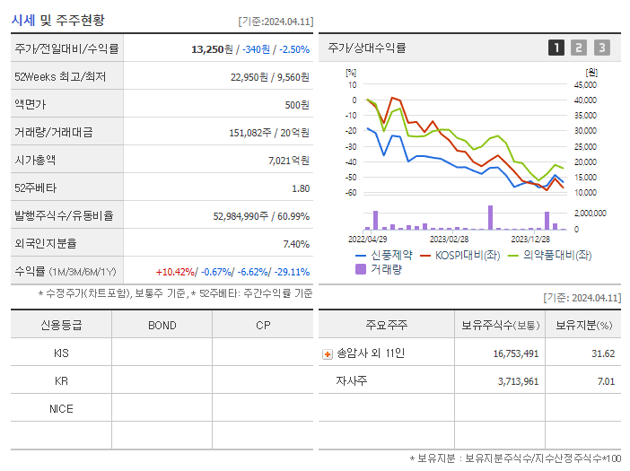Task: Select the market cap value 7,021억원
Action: tap(288, 161)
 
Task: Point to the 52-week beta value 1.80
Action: tap(301, 188)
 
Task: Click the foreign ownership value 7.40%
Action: tap(295, 244)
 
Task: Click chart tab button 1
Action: tap(556, 48)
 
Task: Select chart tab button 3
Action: tap(601, 48)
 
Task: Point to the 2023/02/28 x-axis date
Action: tap(449, 240)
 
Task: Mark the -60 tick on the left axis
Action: tap(351, 193)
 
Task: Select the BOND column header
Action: tap(162, 325)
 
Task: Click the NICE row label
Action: tap(61, 409)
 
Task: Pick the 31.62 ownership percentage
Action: tap(603, 353)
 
